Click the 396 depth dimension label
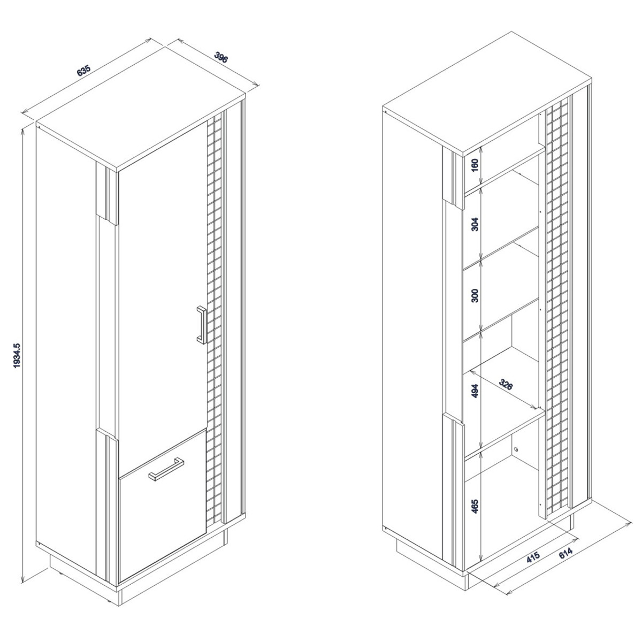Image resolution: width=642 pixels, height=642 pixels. [x=221, y=57]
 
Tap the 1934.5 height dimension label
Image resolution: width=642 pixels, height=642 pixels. [x=17, y=355]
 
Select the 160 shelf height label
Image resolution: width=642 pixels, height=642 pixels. [x=475, y=165]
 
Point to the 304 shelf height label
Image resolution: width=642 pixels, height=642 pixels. [x=475, y=224]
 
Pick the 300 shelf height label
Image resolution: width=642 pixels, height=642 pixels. [x=475, y=295]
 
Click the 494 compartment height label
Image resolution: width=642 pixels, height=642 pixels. [x=475, y=391]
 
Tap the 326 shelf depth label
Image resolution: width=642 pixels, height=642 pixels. [x=506, y=384]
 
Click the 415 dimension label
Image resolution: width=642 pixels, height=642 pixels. [x=533, y=557]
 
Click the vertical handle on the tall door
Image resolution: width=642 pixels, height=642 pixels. [x=202, y=325]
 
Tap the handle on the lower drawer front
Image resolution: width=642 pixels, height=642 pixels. [x=166, y=469]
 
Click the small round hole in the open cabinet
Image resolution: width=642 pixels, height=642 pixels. [x=516, y=449]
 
